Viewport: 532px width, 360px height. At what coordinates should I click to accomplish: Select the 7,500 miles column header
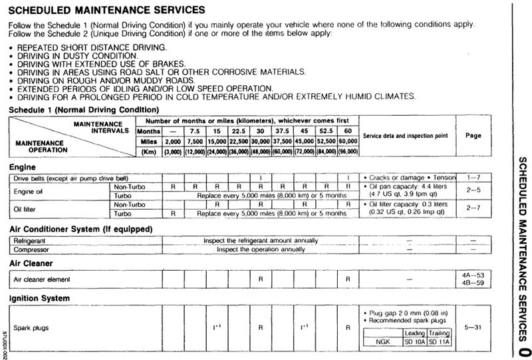pos(194,142)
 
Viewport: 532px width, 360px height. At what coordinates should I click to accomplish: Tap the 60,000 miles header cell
pos(348,142)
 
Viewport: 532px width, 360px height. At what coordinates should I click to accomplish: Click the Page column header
pos(473,135)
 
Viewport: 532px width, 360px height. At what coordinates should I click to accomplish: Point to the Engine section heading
pos(23,168)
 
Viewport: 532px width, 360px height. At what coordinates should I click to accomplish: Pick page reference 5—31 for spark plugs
pos(473,327)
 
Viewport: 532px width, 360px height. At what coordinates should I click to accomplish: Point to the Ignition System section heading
pos(40,298)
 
